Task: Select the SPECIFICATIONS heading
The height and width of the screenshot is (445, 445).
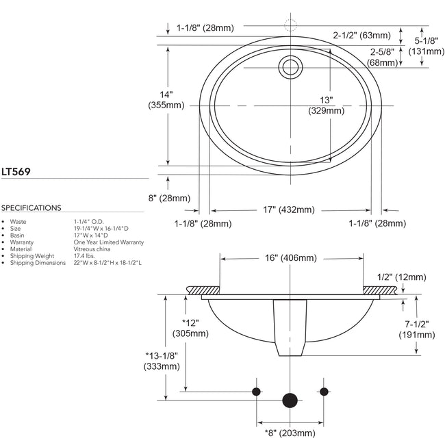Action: point(31,208)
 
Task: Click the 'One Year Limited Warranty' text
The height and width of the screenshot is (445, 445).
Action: point(108,242)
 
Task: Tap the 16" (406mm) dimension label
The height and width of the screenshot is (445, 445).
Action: point(290,257)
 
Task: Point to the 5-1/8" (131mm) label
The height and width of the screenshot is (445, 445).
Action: point(426,44)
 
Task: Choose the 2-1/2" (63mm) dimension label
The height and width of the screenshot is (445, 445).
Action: point(361,35)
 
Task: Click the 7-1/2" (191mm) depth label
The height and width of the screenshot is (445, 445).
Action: point(417,329)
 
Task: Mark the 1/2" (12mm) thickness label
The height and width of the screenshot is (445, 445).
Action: point(402,277)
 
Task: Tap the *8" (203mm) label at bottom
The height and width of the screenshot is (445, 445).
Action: point(290,433)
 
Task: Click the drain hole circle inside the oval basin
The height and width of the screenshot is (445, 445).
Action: point(290,66)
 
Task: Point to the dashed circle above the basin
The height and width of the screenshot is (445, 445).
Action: point(290,25)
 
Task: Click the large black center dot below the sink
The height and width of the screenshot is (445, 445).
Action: point(290,400)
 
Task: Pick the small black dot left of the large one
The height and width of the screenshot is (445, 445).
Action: point(256,391)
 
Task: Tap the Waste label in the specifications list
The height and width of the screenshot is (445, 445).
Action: point(18,222)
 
